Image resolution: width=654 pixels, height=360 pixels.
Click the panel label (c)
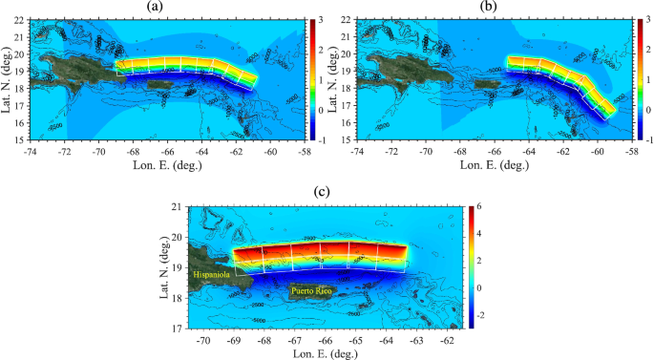325,192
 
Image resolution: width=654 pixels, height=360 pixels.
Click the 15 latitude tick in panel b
347,140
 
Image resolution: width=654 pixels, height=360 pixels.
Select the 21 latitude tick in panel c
177,207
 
